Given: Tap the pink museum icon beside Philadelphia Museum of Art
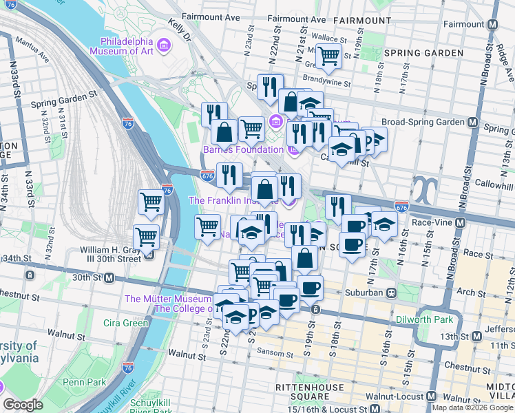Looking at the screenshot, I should [x=163, y=46].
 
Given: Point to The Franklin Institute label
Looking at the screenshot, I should [x=233, y=200].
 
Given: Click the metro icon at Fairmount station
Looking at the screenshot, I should [x=492, y=23].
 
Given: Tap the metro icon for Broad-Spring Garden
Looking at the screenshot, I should [x=472, y=122].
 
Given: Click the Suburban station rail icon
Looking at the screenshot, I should [x=390, y=293].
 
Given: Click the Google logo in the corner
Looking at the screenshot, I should [x=23, y=405].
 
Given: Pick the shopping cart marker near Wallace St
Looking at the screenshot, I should [x=328, y=55].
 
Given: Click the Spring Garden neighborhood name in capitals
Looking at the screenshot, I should [x=423, y=53].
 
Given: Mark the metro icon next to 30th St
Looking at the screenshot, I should [x=108, y=277].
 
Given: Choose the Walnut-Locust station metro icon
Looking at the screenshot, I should [x=432, y=397].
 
